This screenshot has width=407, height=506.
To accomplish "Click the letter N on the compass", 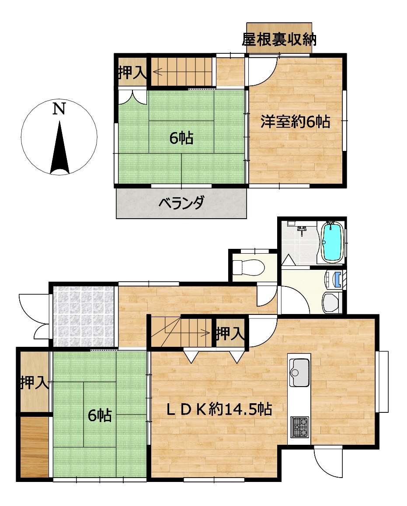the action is tap(59, 109).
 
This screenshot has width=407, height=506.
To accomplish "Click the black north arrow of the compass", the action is tap(60, 147).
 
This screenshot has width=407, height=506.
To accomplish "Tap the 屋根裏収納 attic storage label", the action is tap(279, 39).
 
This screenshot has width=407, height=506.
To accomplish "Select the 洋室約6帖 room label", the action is tap(295, 122).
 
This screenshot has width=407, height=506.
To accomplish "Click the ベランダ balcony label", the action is tap(181, 203).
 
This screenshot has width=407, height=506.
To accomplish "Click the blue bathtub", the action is tap(333, 242).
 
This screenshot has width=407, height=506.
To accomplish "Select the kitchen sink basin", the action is tap(299, 372).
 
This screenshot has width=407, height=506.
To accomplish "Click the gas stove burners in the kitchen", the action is tap(299, 427).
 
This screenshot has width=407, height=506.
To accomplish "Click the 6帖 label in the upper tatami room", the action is tap(181, 138).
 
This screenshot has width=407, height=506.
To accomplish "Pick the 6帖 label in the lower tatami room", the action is tap(100, 415).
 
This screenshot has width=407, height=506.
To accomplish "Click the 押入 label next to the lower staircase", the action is tap(230, 333).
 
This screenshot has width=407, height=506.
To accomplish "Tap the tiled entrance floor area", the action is tap(83, 316).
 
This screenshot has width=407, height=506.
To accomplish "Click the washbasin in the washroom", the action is tap(332, 304).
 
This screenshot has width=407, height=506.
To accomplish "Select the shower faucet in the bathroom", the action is tap(302, 230).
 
